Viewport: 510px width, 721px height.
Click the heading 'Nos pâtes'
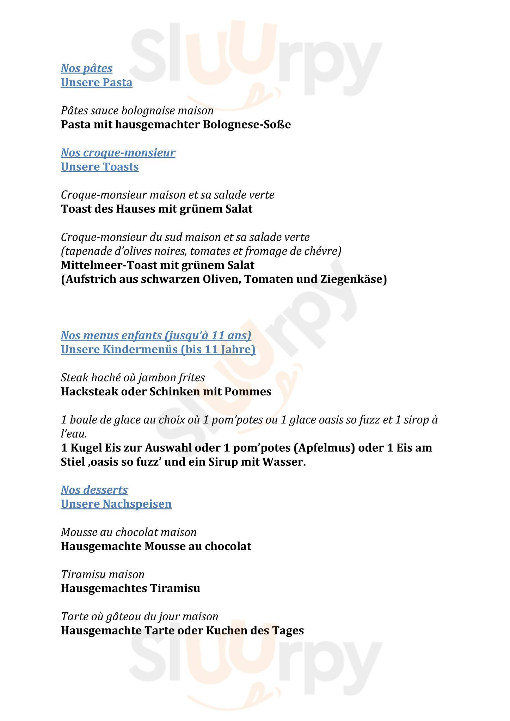point(87,68)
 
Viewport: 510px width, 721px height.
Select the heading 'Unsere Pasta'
point(97,82)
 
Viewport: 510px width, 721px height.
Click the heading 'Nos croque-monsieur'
point(118,153)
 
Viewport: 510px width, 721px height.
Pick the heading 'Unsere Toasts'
point(100,167)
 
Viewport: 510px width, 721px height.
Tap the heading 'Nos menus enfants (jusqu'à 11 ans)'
point(156,336)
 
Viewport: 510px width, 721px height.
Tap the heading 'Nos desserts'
point(94,490)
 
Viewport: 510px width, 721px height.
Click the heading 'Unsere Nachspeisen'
point(116,504)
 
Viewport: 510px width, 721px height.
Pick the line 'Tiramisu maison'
point(103,575)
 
